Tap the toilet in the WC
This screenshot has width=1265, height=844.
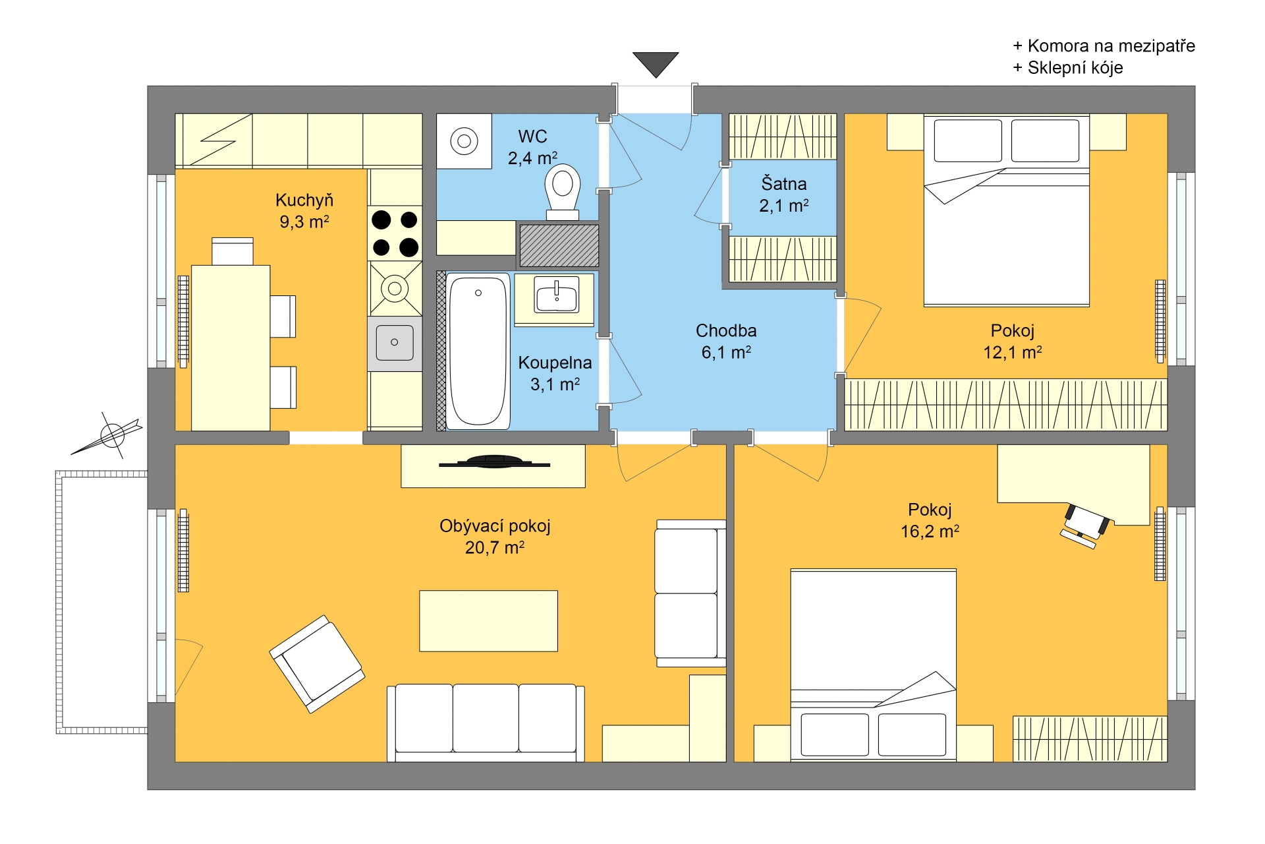click(x=562, y=192)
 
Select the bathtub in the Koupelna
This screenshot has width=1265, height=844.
click(x=478, y=351)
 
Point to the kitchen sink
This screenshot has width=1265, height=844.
click(x=395, y=342)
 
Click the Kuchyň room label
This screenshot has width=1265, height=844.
click(x=304, y=200)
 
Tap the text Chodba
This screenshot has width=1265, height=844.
click(x=726, y=330)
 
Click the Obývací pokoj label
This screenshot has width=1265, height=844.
click(x=495, y=526)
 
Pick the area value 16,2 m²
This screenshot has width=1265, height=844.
click(x=930, y=531)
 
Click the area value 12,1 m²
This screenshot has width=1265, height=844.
click(x=1013, y=352)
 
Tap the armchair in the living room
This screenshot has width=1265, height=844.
click(x=317, y=664)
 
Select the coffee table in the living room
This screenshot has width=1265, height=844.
click(x=489, y=620)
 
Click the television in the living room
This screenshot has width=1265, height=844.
click(x=494, y=462)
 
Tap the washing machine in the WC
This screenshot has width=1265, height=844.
click(x=464, y=141)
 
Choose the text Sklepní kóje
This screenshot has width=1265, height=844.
click(x=1075, y=68)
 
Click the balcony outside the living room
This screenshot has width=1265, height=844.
click(x=102, y=602)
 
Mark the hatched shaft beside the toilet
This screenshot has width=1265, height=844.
click(x=559, y=245)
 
